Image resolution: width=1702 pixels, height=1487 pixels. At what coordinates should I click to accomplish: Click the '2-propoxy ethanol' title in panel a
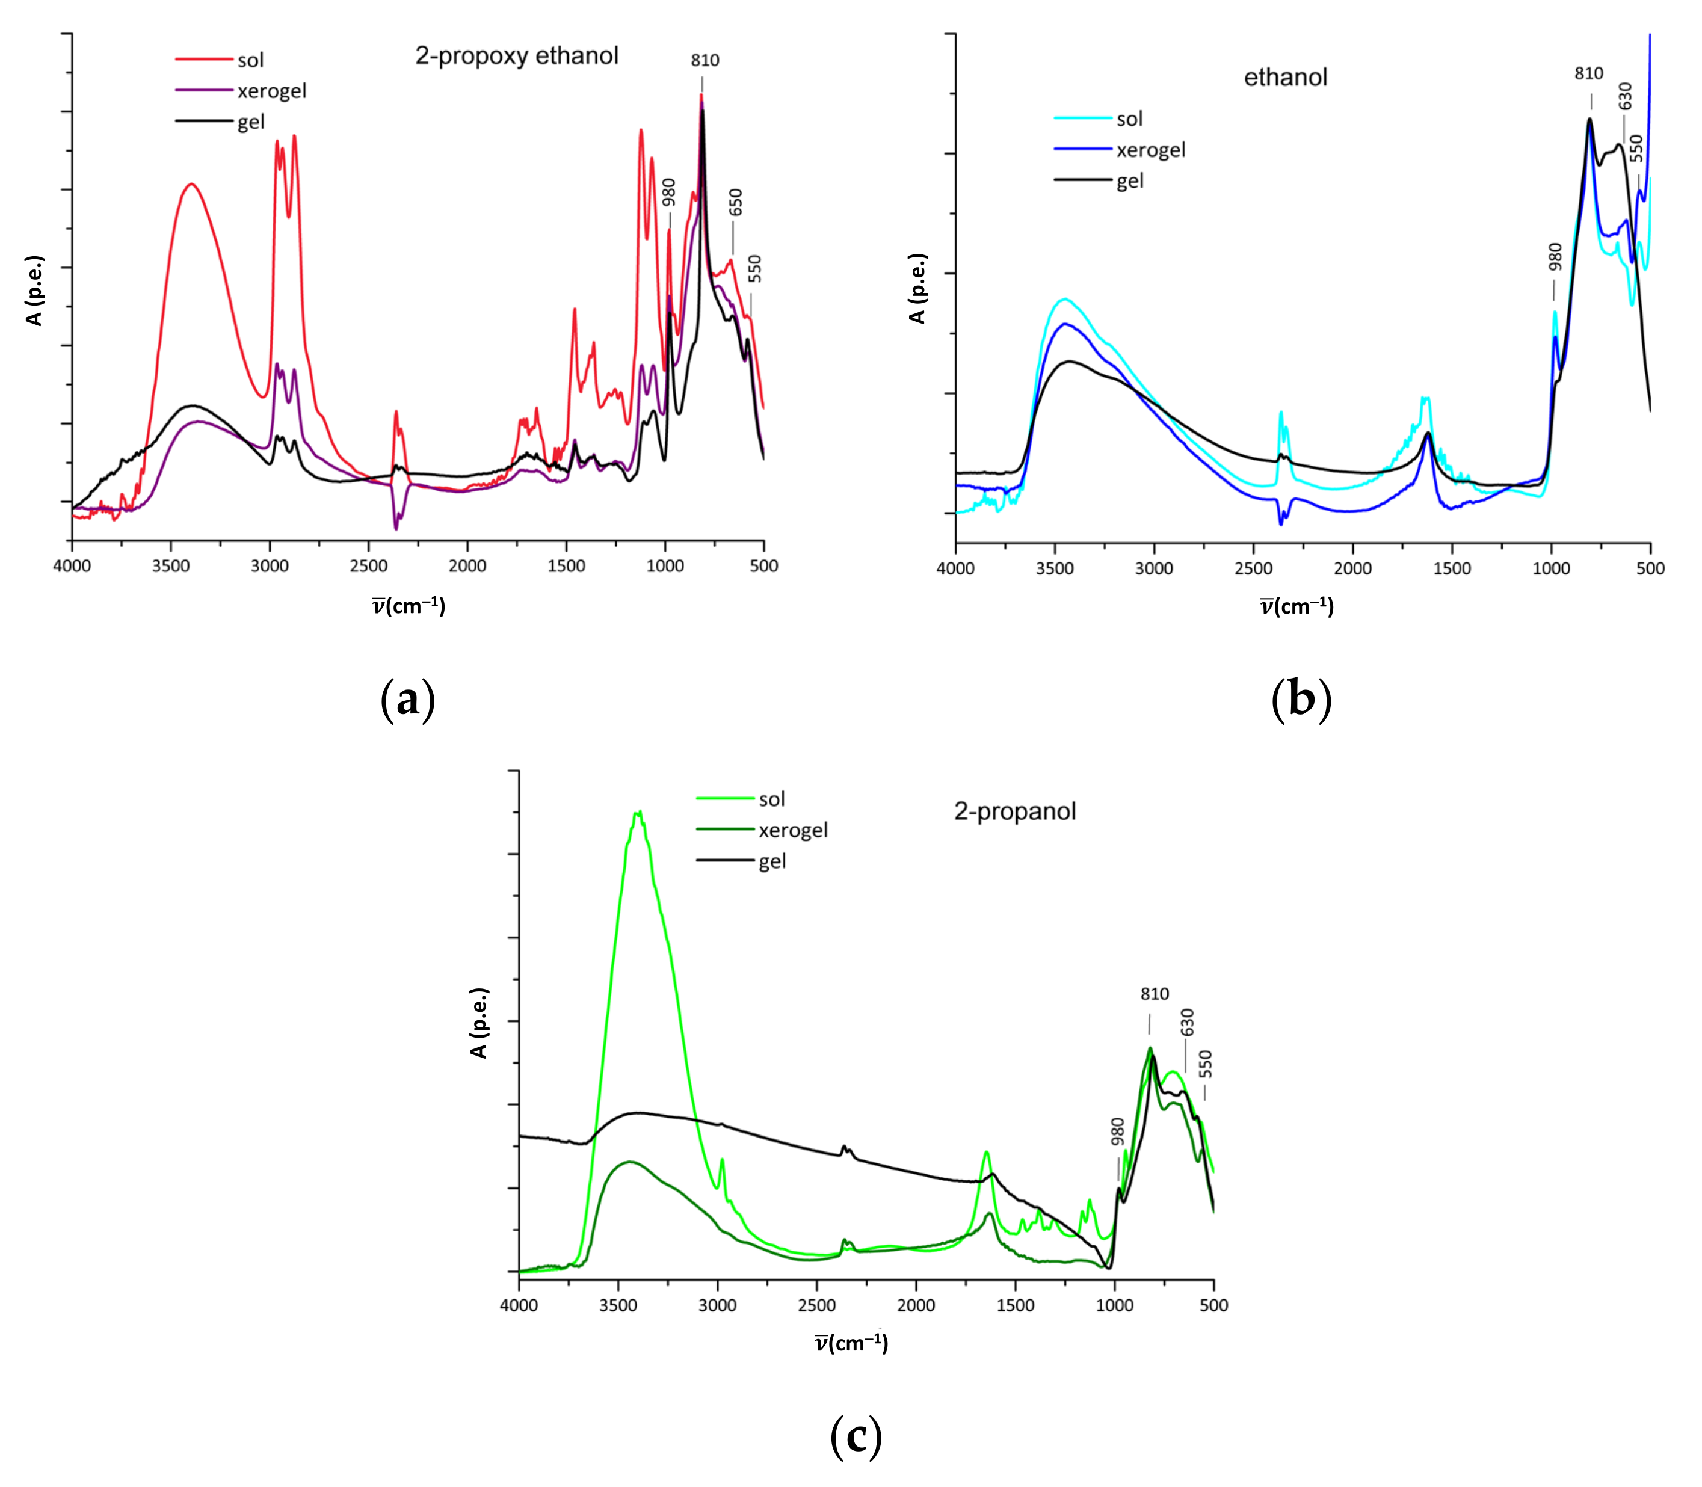tap(516, 55)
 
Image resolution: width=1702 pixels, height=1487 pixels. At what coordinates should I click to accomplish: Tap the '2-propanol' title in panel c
tap(1014, 811)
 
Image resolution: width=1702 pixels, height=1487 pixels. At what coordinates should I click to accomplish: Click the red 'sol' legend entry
tap(250, 60)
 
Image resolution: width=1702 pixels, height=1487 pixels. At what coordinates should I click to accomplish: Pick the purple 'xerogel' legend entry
tap(271, 90)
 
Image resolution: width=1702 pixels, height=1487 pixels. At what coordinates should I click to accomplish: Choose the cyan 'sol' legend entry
tap(1129, 119)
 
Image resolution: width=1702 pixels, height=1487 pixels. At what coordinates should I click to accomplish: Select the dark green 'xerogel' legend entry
tap(792, 830)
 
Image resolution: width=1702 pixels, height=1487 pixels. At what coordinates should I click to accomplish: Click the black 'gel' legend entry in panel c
tap(772, 861)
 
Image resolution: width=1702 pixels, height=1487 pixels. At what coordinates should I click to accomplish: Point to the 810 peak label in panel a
tap(705, 60)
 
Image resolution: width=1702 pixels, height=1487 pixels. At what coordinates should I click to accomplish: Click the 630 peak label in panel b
tap(1625, 96)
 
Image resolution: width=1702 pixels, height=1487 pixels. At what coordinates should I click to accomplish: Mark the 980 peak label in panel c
tap(1117, 1132)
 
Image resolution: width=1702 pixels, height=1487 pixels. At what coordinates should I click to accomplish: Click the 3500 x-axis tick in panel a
tap(171, 566)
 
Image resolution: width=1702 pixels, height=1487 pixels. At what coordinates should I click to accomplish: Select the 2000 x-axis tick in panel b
tap(1352, 568)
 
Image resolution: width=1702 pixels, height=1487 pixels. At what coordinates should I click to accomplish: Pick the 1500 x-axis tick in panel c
tap(1015, 1305)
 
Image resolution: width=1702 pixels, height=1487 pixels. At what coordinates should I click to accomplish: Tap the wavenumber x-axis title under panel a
tap(409, 606)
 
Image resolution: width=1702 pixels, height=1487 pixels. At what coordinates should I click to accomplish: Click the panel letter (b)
tap(1300, 699)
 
